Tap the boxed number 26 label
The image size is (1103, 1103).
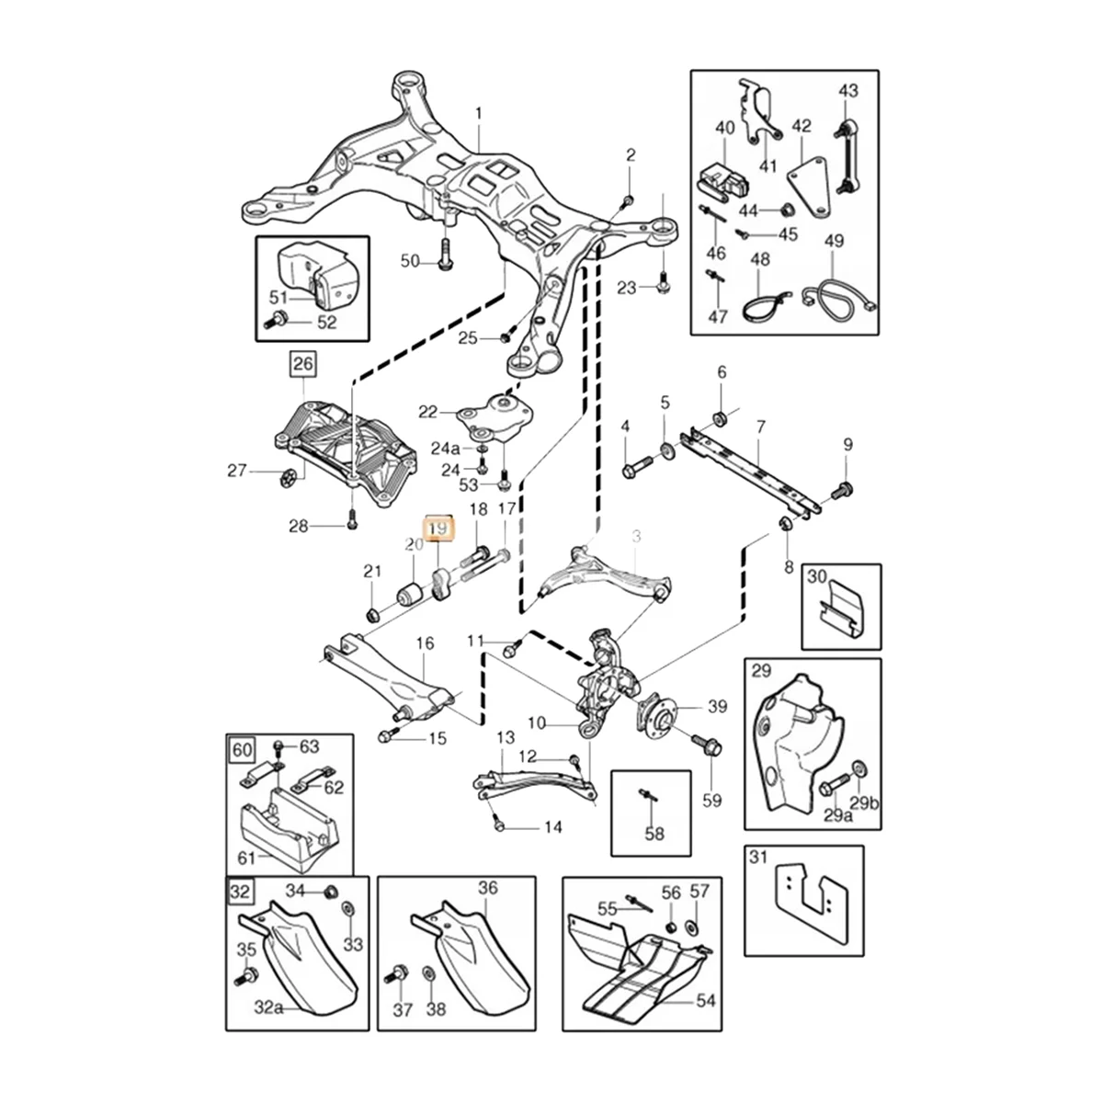(302, 365)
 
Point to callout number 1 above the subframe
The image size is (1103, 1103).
(478, 114)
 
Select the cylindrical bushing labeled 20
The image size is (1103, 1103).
(410, 593)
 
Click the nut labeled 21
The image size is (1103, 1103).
(371, 613)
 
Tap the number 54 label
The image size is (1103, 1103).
(705, 1001)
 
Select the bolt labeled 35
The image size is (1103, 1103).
(247, 973)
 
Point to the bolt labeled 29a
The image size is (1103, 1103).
(828, 787)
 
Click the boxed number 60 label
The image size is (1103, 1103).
(242, 750)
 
